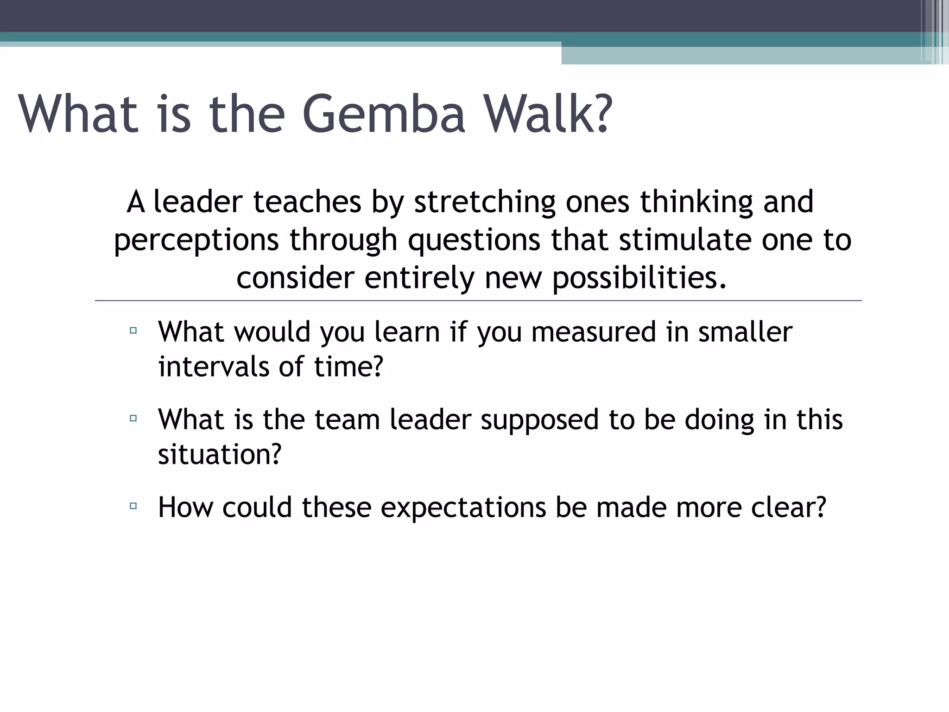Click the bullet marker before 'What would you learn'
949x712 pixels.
[133, 331]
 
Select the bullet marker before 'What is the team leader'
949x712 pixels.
[133, 418]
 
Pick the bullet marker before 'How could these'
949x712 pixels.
[133, 506]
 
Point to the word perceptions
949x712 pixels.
[196, 241]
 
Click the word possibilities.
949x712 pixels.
[639, 278]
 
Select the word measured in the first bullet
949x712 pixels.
[594, 332]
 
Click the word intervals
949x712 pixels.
[214, 367]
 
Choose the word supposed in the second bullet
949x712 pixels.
[540, 420]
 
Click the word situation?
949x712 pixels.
[220, 454]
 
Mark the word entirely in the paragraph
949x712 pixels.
[419, 278]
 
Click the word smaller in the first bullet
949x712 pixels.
[745, 332]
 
